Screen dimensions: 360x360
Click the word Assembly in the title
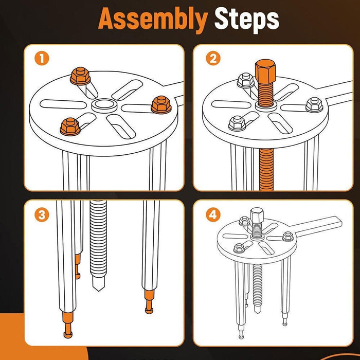coord(153,20)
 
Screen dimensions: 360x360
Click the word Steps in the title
coord(246,19)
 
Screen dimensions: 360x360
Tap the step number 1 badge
coord(42,58)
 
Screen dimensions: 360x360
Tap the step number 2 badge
coord(213,58)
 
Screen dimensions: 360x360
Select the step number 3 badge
coord(42,215)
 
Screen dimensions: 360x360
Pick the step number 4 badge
coord(213,215)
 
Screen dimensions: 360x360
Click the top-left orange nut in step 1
coord(80,76)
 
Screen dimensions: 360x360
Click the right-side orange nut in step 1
coord(161,104)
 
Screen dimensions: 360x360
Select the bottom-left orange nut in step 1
coord(70,127)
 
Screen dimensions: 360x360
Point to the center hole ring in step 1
coord(104,105)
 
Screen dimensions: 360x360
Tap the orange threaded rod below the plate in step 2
coord(266,169)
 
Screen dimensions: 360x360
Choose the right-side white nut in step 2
coord(315,105)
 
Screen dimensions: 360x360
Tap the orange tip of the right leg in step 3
coord(149,301)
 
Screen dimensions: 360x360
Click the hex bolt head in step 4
coord(257,214)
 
